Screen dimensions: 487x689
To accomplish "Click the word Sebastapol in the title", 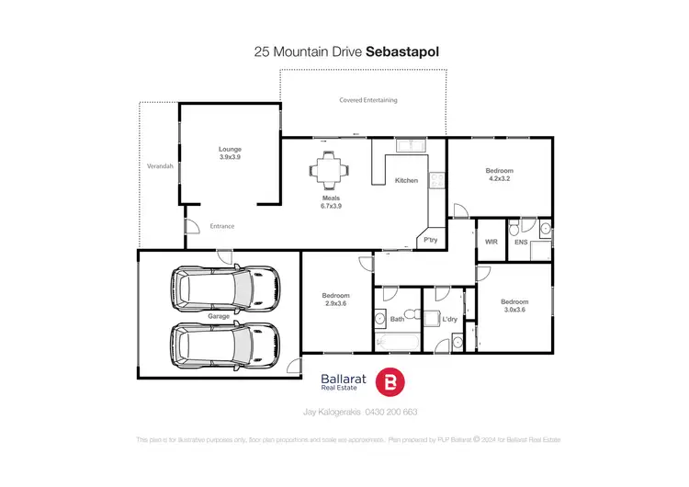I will (402, 52).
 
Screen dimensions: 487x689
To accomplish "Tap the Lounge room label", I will (230, 149).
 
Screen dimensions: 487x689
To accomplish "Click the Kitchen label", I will (406, 180).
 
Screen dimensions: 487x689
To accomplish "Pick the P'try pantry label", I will (429, 241).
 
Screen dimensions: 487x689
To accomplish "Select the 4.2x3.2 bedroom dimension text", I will (500, 180).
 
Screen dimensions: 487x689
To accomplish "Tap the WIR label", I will (491, 241).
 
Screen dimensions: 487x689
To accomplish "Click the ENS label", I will (521, 241).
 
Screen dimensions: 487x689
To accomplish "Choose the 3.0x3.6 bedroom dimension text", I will (514, 311).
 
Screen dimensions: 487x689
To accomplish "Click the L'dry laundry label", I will (450, 319).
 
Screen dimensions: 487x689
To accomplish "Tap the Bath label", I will (397, 319).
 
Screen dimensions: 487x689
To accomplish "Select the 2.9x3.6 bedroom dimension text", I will (336, 304).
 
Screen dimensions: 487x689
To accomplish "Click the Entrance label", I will (222, 226).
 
